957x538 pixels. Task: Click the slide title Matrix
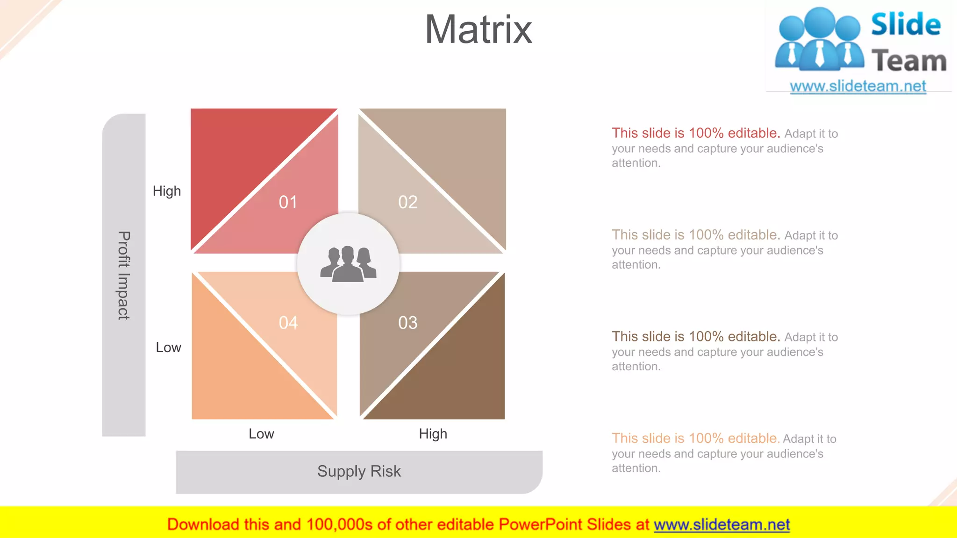(x=478, y=30)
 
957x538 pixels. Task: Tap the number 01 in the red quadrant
(x=288, y=202)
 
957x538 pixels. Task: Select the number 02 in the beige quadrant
(x=407, y=202)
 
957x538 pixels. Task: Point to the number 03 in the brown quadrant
(x=407, y=323)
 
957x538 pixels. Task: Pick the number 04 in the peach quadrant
(x=288, y=323)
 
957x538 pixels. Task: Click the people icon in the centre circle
(x=348, y=264)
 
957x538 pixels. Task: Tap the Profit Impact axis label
(x=124, y=275)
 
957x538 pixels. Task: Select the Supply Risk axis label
(x=359, y=471)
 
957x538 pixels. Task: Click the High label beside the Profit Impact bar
(x=167, y=191)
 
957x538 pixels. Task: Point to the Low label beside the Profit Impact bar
(x=168, y=347)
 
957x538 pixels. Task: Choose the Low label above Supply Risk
(x=261, y=434)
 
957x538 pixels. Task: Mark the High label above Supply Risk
(x=433, y=434)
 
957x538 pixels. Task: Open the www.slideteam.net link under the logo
(x=857, y=86)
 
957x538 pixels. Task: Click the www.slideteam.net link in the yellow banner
(x=721, y=524)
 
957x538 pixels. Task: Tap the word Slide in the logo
(x=905, y=24)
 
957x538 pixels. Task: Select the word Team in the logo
(x=909, y=61)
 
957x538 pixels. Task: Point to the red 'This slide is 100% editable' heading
(x=696, y=133)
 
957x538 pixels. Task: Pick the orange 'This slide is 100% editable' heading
(x=695, y=439)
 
